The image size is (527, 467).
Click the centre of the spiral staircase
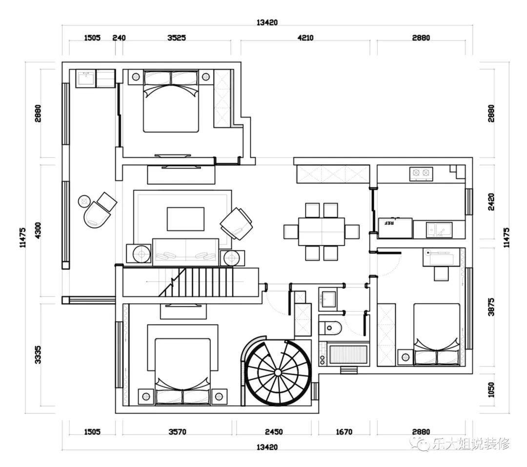[278, 372]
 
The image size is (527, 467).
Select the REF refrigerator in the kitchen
[395, 228]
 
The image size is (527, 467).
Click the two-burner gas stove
[421, 173]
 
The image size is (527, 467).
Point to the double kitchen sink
[439, 230]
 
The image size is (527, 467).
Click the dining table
[321, 232]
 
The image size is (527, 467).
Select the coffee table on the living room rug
[185, 219]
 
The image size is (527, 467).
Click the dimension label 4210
[305, 38]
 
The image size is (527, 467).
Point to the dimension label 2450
[274, 432]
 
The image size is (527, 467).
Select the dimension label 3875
[491, 306]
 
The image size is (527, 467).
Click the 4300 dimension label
[38, 231]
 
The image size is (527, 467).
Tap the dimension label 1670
[344, 432]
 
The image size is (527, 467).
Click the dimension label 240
[119, 38]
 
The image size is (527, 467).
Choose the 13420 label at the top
[267, 22]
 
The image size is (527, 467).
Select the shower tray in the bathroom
[348, 354]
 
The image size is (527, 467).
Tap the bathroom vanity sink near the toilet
[328, 298]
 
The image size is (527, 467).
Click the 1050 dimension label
[491, 390]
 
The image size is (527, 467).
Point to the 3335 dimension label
[38, 355]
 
